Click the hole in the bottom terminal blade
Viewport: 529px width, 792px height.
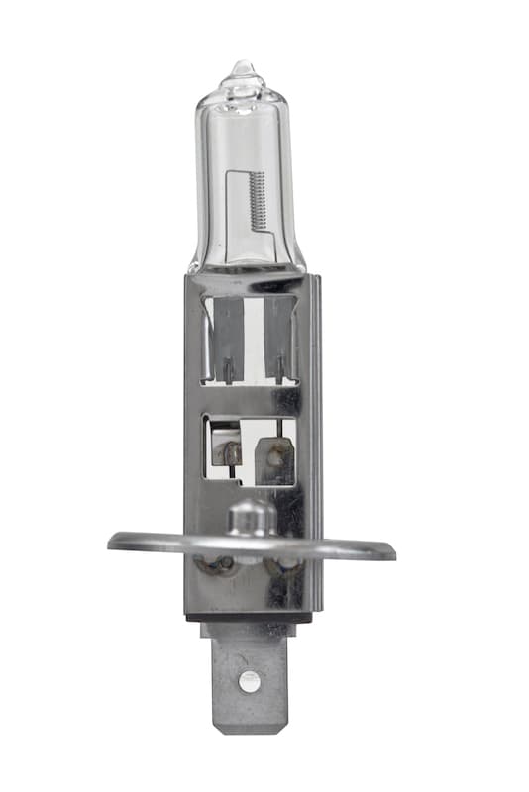[249, 681]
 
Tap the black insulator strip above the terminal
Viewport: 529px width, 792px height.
[253, 618]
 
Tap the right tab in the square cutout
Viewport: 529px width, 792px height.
[275, 457]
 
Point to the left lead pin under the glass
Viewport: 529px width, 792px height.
[227, 371]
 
